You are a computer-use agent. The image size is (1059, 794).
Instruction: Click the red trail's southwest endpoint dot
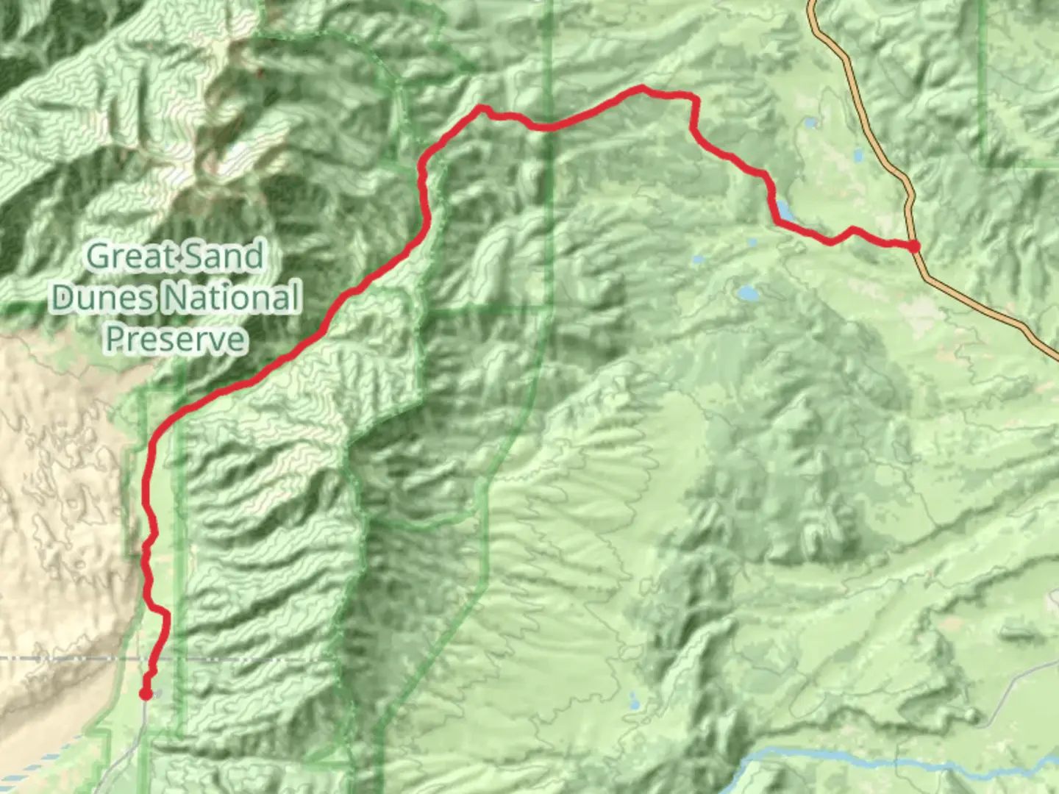point(146,693)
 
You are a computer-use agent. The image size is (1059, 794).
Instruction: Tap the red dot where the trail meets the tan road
point(913,246)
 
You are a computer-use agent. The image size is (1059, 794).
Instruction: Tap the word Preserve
point(175,339)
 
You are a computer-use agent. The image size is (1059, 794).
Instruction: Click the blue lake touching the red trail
point(783,210)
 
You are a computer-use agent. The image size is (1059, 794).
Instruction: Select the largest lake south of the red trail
point(748,293)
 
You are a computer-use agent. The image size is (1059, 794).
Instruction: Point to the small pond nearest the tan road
point(857,155)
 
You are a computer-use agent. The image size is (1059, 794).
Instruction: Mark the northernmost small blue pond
point(810,123)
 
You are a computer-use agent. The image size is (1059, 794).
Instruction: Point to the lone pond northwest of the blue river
point(634,701)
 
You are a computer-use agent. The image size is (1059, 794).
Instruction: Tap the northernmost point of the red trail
point(642,88)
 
